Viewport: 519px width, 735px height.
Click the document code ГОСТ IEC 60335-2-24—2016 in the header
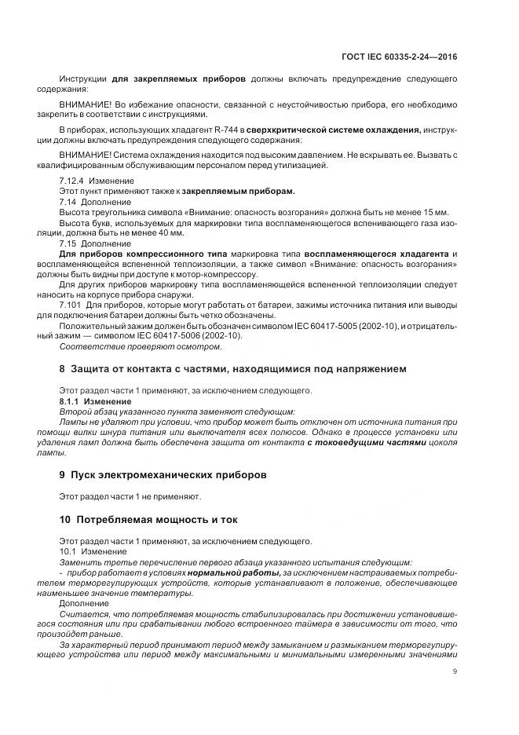pyautogui.click(x=400, y=57)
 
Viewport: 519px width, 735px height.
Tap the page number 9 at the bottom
pyautogui.click(x=455, y=671)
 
